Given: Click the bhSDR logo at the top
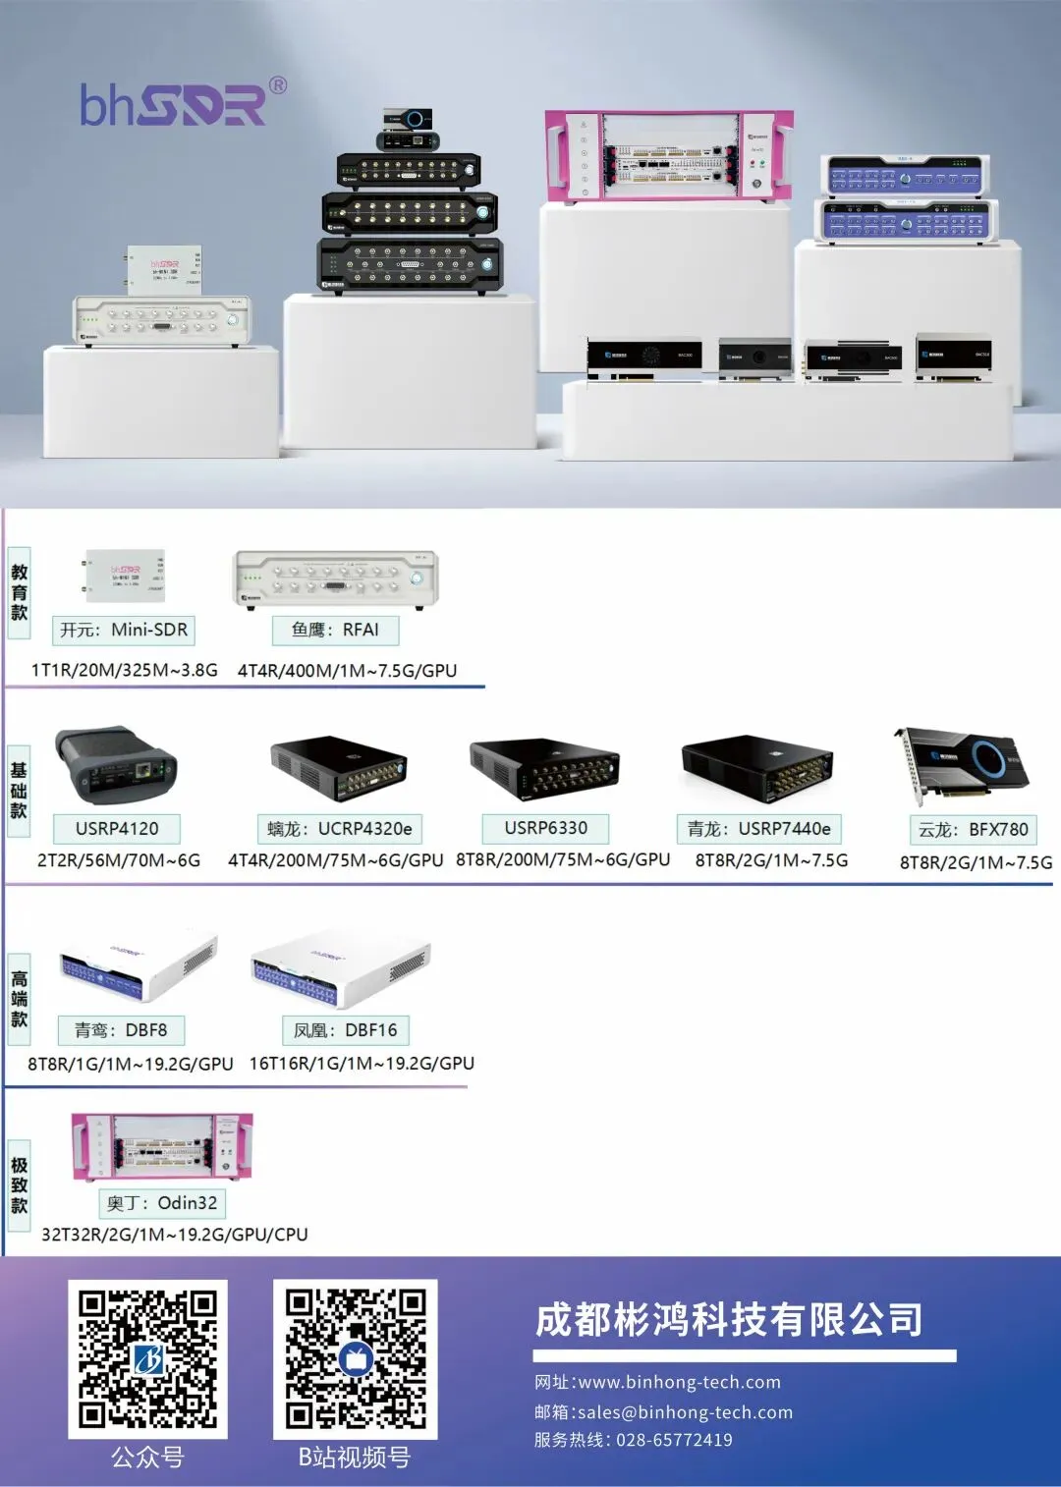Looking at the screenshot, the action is [182, 103].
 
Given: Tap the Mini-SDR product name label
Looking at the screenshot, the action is [124, 630].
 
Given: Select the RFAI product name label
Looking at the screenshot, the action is [335, 630].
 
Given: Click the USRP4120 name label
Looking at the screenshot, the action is [117, 828].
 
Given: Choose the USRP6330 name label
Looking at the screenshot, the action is [545, 828].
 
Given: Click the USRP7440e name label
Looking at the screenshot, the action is [758, 829].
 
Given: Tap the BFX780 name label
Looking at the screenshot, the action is [973, 829].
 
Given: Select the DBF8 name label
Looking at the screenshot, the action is [122, 1029].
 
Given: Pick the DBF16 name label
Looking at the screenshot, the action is [346, 1029].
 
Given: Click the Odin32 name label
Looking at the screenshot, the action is [162, 1202].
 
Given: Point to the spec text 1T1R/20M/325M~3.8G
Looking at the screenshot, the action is [125, 670].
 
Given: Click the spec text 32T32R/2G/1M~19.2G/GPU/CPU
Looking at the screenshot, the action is [175, 1234].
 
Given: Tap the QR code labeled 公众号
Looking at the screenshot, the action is [147, 1359].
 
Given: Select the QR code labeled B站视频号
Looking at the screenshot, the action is [355, 1359].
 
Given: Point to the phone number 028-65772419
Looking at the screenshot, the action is [674, 1440].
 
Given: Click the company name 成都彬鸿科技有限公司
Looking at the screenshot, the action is [729, 1320].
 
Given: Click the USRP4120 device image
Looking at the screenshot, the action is [116, 765].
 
